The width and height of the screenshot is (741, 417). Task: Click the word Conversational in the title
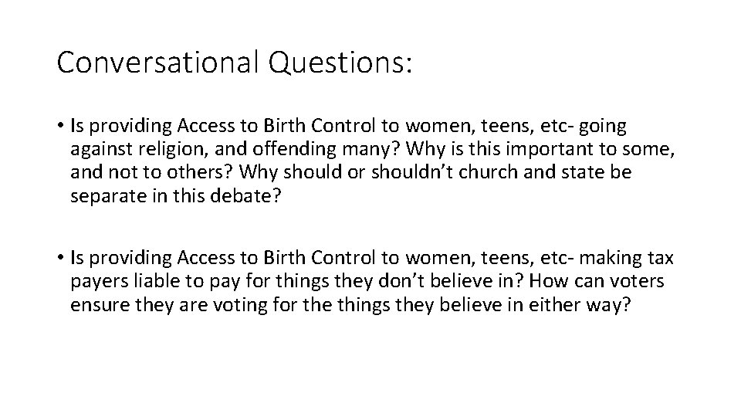pos(157,63)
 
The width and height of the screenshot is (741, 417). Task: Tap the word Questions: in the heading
pos(340,63)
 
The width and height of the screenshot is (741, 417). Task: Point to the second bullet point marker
pos(61,256)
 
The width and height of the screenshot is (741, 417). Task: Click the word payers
pos(96,280)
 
